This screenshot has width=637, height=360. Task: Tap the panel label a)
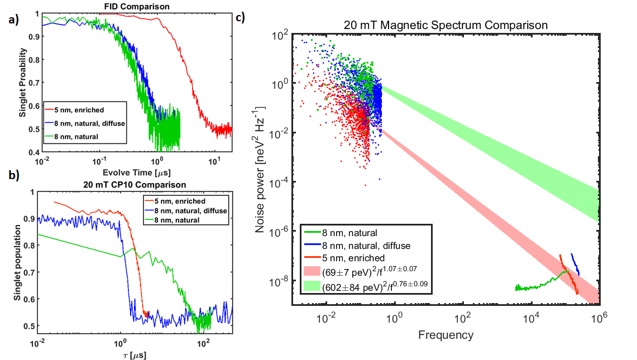tap(12, 21)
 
